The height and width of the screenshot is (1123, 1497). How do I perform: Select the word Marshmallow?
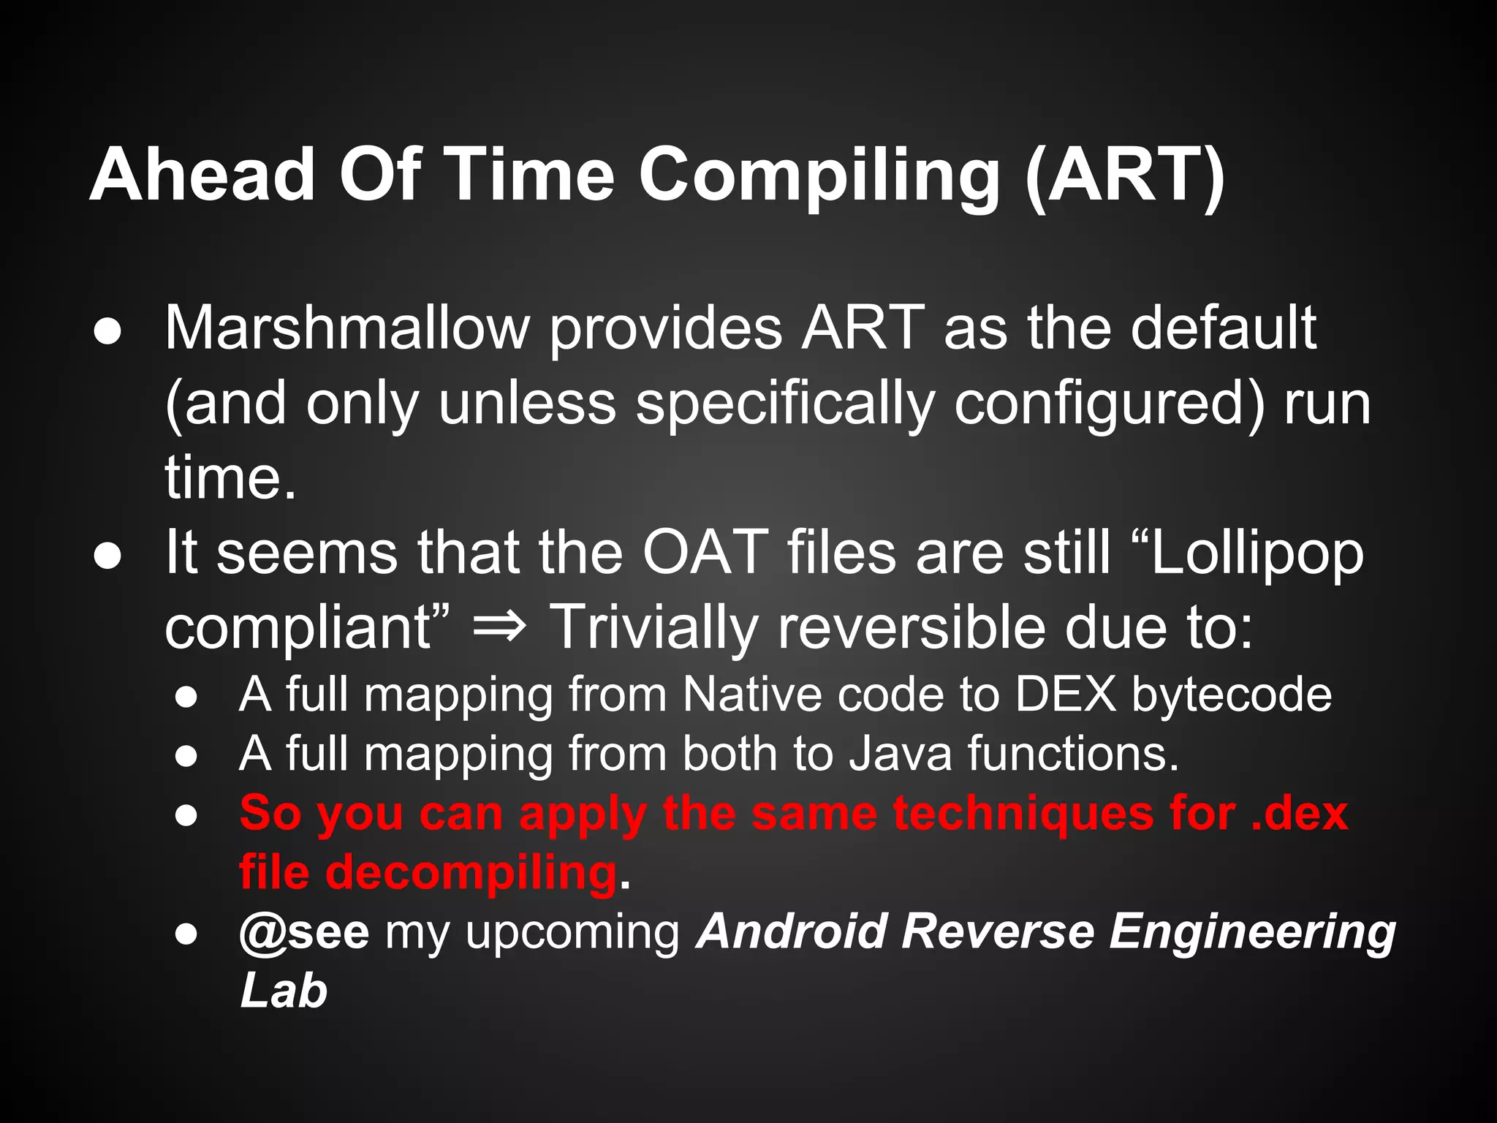click(x=347, y=328)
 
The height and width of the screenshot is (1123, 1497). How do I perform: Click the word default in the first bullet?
click(x=1223, y=328)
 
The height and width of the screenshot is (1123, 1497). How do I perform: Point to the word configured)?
click(x=1109, y=404)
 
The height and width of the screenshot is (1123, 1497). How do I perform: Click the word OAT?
click(x=705, y=553)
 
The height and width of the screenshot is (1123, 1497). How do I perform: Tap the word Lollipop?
click(x=1257, y=554)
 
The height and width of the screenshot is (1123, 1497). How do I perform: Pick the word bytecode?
click(x=1232, y=695)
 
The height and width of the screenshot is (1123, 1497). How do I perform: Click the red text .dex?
click(x=1299, y=813)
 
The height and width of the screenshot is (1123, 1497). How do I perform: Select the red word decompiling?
click(x=471, y=873)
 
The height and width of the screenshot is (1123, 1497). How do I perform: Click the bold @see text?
click(x=304, y=932)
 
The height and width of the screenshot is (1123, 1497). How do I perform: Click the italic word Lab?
click(x=284, y=991)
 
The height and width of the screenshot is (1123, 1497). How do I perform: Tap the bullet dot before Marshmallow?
click(x=107, y=331)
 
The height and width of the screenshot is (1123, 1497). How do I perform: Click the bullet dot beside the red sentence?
click(x=187, y=815)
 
